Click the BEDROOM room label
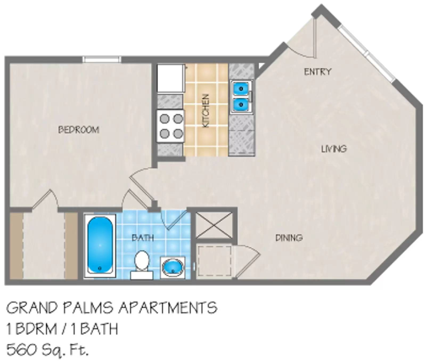click(x=79, y=130)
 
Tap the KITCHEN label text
click(x=206, y=110)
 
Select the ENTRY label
click(x=318, y=72)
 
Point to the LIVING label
click(x=334, y=149)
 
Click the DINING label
click(x=289, y=237)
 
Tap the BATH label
click(x=143, y=237)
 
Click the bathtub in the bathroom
click(x=100, y=245)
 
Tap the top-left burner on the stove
click(x=165, y=118)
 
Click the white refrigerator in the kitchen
click(x=170, y=78)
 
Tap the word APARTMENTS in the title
click(x=168, y=308)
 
